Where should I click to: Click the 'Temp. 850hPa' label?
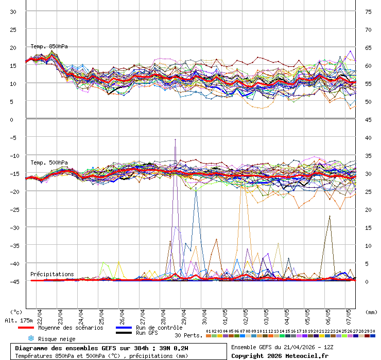pos(49,46)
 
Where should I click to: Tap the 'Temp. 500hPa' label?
pos(49,163)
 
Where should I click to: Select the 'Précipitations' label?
pos(52,274)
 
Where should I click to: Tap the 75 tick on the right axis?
pos(368,11)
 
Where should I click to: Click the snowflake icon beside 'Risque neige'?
pos(30,338)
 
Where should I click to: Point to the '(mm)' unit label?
pos(371,312)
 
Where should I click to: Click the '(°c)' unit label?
pos(16,312)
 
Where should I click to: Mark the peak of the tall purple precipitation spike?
pos(176,139)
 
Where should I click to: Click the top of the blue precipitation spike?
pos(196,188)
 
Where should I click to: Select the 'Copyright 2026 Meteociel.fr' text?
pos(280,355)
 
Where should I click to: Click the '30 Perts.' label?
pos(188,335)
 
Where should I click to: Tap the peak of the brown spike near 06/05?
pos(330,216)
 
